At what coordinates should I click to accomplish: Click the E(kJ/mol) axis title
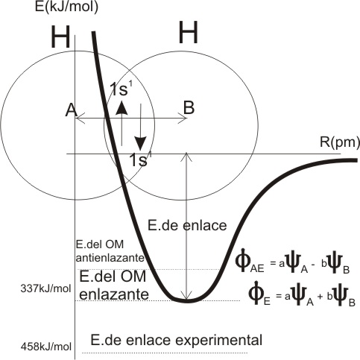coord(66,7)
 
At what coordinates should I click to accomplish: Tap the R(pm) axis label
coord(340,143)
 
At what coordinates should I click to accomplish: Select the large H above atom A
coord(60,37)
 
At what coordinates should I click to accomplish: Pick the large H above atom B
coord(189,32)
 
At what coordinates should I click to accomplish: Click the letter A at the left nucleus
coord(71,110)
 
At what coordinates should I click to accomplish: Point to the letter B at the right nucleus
coord(189,107)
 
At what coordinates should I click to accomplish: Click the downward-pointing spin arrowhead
coord(141,143)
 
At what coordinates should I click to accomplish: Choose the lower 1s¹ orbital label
coord(140,160)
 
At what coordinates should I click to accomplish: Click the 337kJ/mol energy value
coord(45,289)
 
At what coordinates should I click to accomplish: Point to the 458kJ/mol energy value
coord(46,347)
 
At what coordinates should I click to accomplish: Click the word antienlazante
coord(110,258)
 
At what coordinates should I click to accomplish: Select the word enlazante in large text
coord(114,294)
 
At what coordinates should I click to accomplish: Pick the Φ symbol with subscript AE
coord(243,263)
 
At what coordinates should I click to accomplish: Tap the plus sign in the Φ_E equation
coord(320,297)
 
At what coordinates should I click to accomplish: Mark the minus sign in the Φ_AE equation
coord(313,265)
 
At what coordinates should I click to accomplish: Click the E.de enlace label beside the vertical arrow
coord(187,226)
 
